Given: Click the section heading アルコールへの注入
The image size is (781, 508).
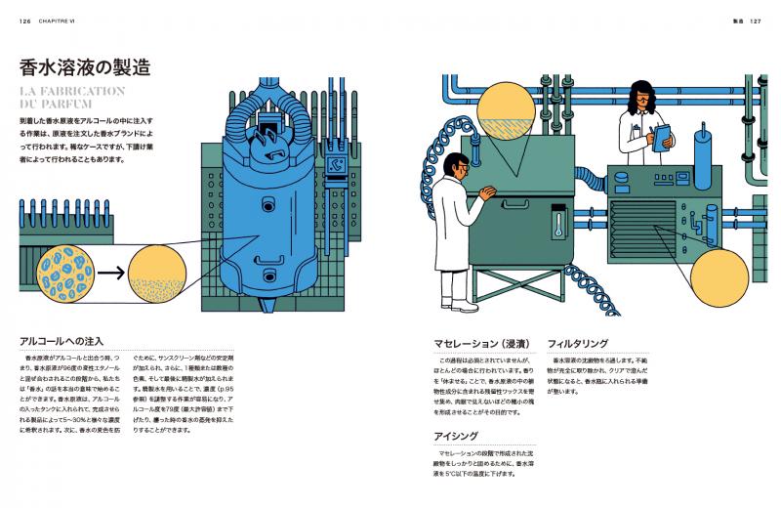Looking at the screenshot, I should pos(62,342).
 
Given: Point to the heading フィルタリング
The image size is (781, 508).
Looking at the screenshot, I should pos(579,344).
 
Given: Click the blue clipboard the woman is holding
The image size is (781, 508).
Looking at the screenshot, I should pos(661,134).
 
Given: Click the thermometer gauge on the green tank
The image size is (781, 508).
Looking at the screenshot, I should pos(558,224).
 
